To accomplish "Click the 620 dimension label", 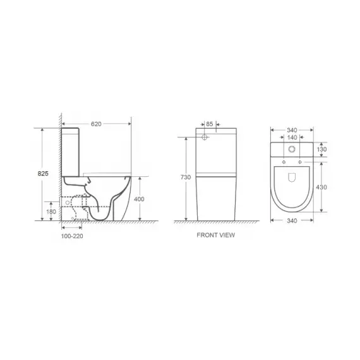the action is tap(96, 124).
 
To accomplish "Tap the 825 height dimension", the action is tap(43, 173).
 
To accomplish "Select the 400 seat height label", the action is tap(139, 199).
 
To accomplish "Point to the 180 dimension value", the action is tap(51, 212).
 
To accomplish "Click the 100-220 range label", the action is tap(72, 236).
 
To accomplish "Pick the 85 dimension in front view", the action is tap(210, 124).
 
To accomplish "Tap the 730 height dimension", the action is tap(186, 177).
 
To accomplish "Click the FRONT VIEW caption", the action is tap(216, 235).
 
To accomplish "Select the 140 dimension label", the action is tap(292, 137).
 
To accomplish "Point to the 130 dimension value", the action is tap(321, 150).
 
